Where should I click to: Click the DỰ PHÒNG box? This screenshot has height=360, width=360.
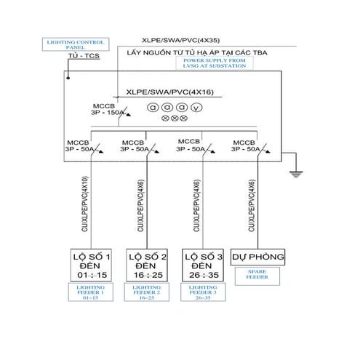[258, 257]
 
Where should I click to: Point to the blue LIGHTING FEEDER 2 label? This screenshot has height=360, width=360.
[146, 292]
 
